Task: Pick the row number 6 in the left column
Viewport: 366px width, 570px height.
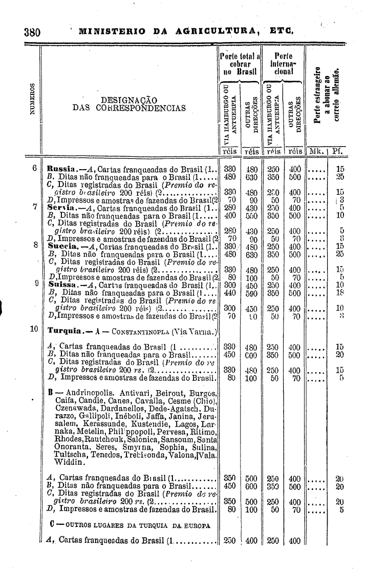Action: coord(35,167)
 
